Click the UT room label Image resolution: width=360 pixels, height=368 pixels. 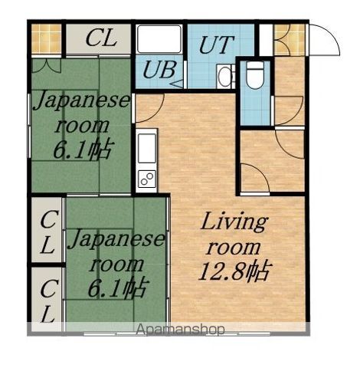click(216, 44)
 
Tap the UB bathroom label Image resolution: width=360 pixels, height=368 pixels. click(159, 70)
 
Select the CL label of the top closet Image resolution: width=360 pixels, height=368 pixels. click(101, 38)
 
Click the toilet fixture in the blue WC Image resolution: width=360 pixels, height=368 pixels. click(255, 75)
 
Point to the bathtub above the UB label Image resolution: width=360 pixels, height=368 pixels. click(159, 39)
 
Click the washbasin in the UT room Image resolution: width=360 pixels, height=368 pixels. click(225, 76)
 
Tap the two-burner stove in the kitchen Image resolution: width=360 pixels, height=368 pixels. click(147, 179)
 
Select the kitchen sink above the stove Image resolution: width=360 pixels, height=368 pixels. click(147, 148)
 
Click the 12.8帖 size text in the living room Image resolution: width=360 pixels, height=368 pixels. click(234, 271)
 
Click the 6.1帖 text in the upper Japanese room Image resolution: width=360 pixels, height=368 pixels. click(83, 149)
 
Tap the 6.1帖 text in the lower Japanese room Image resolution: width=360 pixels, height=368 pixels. click(117, 288)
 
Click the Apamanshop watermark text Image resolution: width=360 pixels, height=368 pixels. click(180, 330)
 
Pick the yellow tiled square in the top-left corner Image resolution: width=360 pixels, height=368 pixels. click(47, 39)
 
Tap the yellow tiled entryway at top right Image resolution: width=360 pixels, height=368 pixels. click(290, 40)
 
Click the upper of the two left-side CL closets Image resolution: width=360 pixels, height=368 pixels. click(47, 230)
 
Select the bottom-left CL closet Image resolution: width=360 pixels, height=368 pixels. click(47, 299)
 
